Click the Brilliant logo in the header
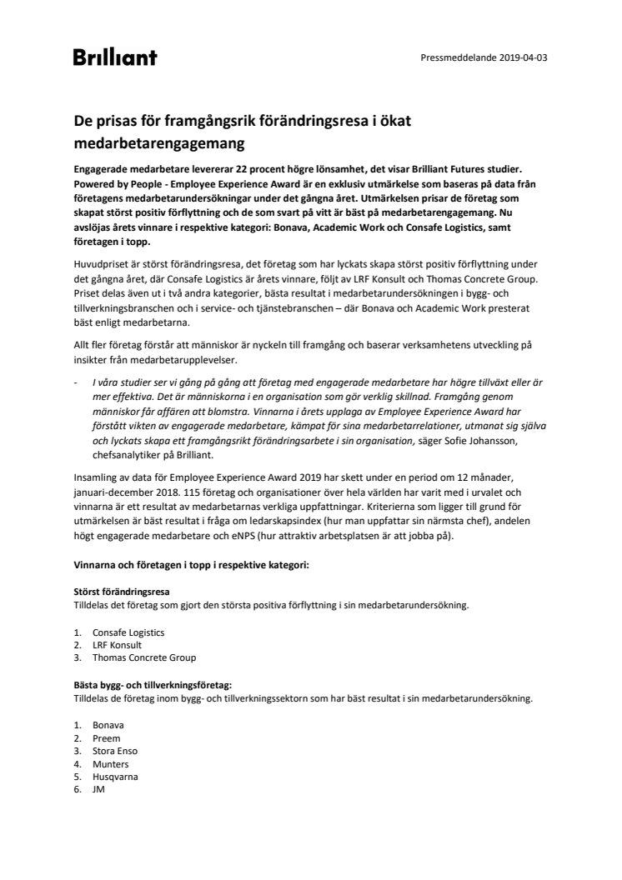(x=114, y=57)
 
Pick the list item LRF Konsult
(x=117, y=645)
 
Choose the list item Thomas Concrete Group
(x=144, y=657)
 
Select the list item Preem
(x=107, y=738)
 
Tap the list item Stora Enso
(x=115, y=751)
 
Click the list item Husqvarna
(x=115, y=777)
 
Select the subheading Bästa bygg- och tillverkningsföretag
(x=153, y=685)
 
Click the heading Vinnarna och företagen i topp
(x=191, y=566)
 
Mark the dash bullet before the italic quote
(x=76, y=381)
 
